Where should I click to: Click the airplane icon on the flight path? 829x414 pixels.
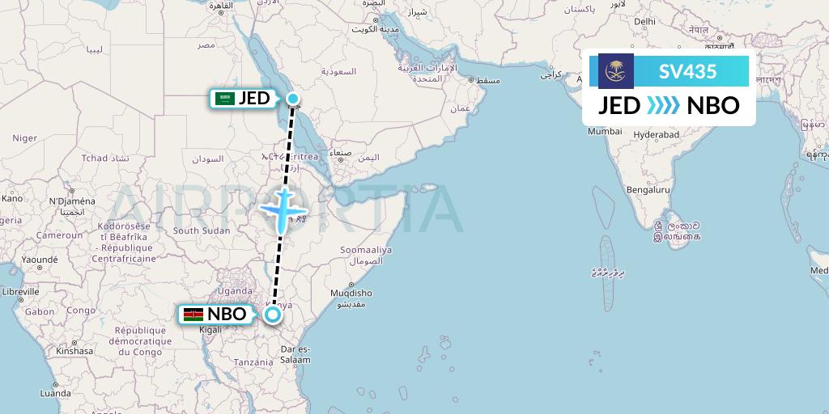tap(282, 208)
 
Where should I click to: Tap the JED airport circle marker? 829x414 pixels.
tap(293, 99)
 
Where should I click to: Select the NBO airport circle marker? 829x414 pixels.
tap(274, 314)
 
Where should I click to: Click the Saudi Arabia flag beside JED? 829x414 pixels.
tap(224, 99)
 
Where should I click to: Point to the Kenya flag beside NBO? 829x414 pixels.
tap(193, 314)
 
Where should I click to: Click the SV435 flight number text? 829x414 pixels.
tap(687, 71)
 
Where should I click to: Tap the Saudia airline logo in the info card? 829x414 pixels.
tap(616, 71)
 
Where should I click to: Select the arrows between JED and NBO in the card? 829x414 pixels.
tap(663, 106)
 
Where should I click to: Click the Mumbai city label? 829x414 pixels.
tap(605, 131)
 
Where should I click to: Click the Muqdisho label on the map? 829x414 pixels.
tap(351, 293)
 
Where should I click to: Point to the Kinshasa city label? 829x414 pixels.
tap(74, 351)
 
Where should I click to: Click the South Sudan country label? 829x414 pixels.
tap(198, 230)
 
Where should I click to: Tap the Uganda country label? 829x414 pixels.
tap(236, 290)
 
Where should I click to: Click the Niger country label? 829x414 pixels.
tap(24, 137)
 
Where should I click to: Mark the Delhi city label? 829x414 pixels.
tap(645, 21)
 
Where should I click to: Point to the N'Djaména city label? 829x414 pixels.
tap(72, 201)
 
